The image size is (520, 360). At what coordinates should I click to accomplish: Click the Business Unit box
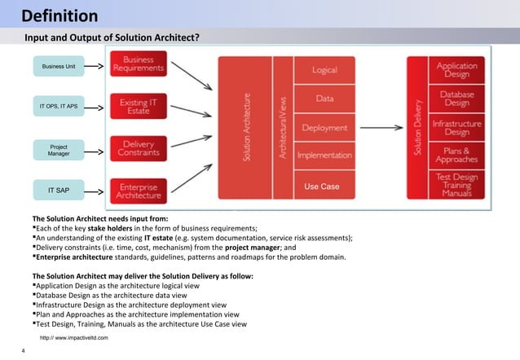tap(58, 66)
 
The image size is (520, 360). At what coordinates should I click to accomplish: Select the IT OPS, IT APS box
tap(58, 106)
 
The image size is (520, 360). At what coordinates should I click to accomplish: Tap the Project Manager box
tap(58, 150)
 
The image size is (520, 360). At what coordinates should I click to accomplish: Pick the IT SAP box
tap(58, 191)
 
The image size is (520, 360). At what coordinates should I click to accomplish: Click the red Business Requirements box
tap(139, 65)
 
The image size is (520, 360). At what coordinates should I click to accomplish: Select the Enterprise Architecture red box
tap(139, 191)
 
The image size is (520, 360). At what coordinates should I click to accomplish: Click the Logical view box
tap(324, 70)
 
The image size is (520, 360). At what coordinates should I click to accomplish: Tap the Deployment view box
tap(324, 127)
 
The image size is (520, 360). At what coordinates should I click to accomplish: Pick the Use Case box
tap(323, 187)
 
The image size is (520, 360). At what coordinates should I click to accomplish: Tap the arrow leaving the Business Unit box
tap(95, 66)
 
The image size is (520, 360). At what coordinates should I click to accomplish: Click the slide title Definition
tap(59, 15)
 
